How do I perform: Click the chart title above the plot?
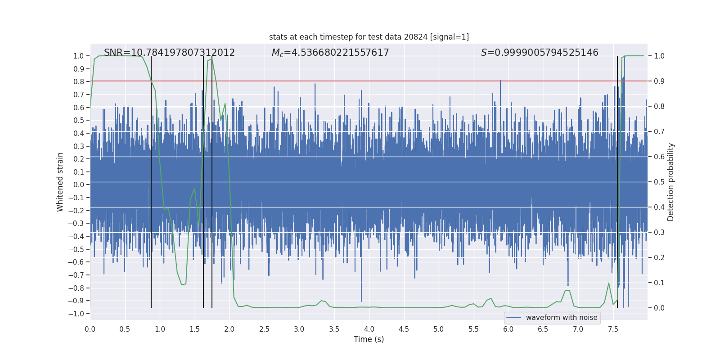pos(369,37)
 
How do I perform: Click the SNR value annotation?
pos(169,53)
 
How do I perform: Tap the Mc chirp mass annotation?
pos(330,53)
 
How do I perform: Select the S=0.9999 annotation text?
pos(540,53)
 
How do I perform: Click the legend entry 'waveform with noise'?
pos(561,318)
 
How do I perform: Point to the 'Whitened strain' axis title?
pos(60,182)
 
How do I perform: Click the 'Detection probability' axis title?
pos(670,182)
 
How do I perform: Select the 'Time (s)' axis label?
pos(369,339)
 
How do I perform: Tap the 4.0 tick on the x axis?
pos(369,329)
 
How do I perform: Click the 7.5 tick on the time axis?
pos(613,329)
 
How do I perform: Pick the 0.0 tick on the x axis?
pos(90,329)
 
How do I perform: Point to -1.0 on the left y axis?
pos(78,314)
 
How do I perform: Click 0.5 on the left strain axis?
pos(79,120)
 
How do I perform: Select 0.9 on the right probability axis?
pos(659,81)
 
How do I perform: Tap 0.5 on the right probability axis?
pos(659,182)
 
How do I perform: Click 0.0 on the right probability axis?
pos(659,308)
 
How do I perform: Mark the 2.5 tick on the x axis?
pos(264,329)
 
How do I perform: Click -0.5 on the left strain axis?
pos(78,249)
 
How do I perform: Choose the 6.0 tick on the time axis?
pos(508,329)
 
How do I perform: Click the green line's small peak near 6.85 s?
pos(567,291)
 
